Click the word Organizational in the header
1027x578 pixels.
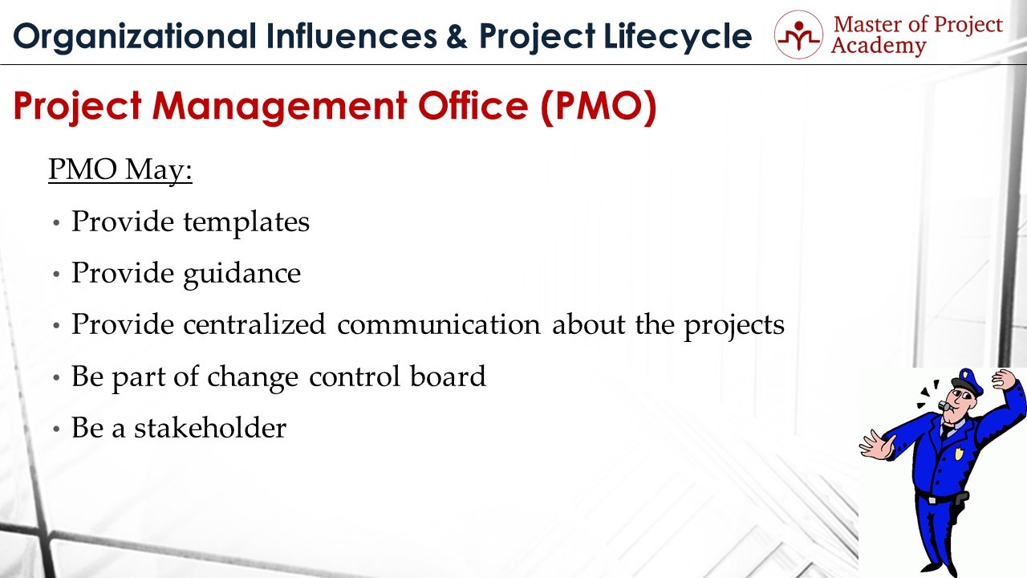134,37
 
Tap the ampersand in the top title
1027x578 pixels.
457,36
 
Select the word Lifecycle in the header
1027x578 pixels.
678,37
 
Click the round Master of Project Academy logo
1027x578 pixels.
798,35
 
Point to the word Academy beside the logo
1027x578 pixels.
879,47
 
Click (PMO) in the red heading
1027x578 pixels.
599,107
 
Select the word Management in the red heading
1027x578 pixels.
279,108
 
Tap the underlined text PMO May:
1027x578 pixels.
120,169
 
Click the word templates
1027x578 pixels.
246,222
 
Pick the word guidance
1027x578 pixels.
242,274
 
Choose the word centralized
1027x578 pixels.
254,324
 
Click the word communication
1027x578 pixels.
439,324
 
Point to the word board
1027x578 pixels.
448,377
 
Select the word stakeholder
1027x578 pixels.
210,428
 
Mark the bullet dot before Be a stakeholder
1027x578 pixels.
56,429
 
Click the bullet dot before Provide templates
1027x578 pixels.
56,223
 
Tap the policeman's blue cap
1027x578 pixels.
968,381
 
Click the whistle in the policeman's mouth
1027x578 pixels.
944,405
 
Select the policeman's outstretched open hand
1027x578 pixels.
877,445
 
